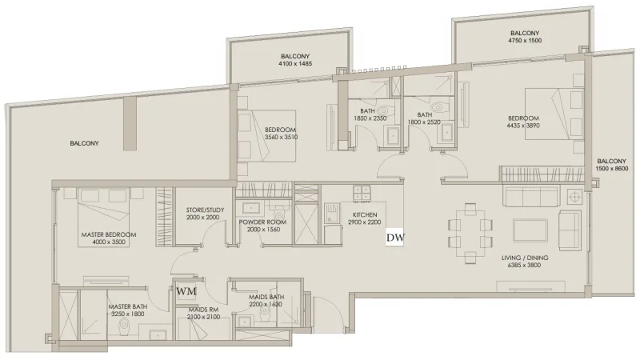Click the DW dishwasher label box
coord(394,238)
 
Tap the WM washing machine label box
coord(186,291)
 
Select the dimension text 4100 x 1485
coord(289,64)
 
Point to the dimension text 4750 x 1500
coord(525,41)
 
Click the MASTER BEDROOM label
coord(108,234)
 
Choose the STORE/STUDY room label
coord(200,210)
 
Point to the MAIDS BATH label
coord(266,297)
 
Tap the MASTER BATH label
coord(127,306)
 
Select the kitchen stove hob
coord(362,194)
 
